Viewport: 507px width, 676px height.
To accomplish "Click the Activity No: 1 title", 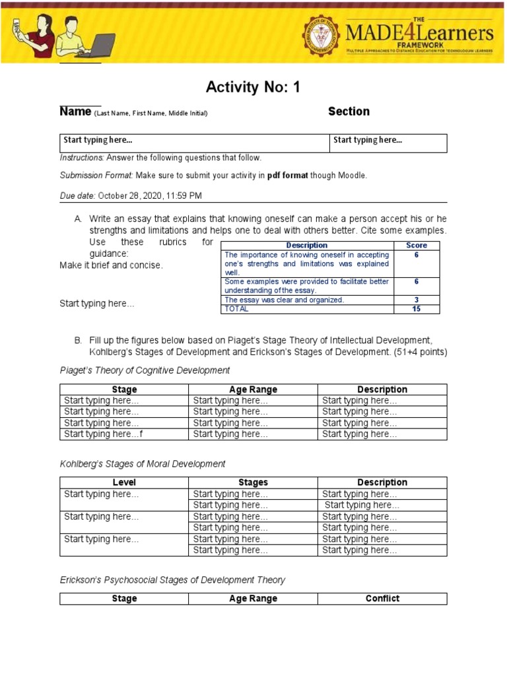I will click(x=253, y=87).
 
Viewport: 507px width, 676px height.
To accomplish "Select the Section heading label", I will click(x=349, y=112).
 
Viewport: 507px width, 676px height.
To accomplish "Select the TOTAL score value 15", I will click(x=416, y=308).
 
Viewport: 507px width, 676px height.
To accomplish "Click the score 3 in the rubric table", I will click(x=416, y=300).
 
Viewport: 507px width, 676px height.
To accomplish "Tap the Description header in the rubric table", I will click(x=306, y=245).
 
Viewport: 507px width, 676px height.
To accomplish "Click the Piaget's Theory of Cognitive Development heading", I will click(x=145, y=370).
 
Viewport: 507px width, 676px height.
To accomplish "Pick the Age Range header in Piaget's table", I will click(x=253, y=389).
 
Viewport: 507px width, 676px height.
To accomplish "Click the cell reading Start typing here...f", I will click(x=103, y=434).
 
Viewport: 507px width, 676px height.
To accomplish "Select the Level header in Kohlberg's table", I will click(x=124, y=483).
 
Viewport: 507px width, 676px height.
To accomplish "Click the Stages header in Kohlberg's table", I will click(x=253, y=483).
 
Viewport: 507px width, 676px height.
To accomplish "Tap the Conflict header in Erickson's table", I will click(x=382, y=599).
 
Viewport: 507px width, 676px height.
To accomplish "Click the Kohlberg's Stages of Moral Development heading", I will click(x=143, y=464).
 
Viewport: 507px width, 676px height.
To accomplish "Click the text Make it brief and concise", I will click(x=111, y=265).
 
